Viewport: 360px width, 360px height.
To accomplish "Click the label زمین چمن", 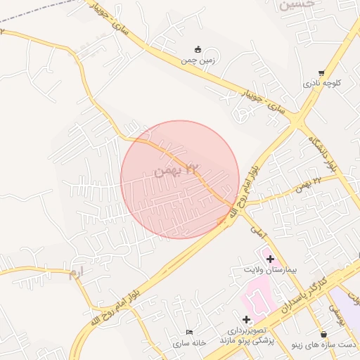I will [198, 61].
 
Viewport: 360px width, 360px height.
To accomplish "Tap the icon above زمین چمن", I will [198, 49].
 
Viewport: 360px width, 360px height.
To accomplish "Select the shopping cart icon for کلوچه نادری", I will [321, 72].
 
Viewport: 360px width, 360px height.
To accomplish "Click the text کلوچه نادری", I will [322, 83].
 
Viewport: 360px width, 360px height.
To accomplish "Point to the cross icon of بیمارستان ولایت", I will [270, 259].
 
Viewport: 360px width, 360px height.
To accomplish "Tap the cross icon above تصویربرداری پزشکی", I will [246, 319].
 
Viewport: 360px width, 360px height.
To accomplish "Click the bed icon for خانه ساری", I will [188, 333].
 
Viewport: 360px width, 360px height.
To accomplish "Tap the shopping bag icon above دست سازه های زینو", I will [323, 334].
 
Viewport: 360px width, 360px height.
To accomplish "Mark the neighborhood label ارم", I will [77, 272].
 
